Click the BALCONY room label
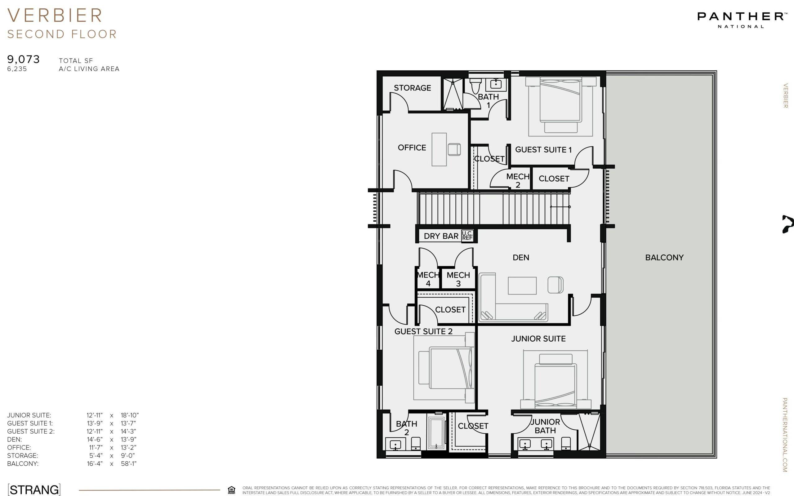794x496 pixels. [x=664, y=258]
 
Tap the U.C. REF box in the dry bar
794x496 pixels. [x=467, y=236]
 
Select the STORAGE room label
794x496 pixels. [x=412, y=88]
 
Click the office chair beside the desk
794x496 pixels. [x=454, y=149]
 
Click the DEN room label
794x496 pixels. [x=521, y=258]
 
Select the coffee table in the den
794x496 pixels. [x=522, y=286]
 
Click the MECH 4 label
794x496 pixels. [x=428, y=279]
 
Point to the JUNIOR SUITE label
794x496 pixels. [x=538, y=339]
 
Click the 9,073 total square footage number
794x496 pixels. [x=23, y=60]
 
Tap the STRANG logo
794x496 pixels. [x=34, y=489]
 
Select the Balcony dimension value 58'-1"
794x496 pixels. [x=128, y=463]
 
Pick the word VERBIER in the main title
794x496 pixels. [x=55, y=16]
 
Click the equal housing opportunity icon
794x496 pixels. [x=231, y=490]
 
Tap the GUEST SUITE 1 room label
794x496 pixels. [x=543, y=150]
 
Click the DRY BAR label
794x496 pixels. [x=441, y=236]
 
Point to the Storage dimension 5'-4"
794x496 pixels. [x=96, y=455]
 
